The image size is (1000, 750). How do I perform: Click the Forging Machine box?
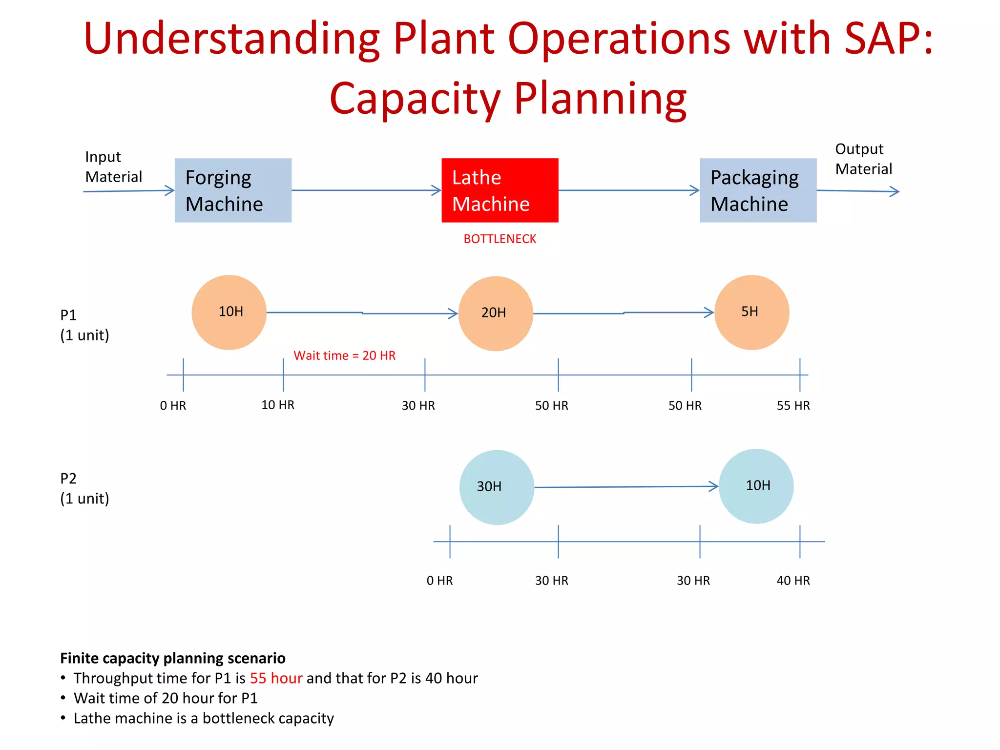pos(233,190)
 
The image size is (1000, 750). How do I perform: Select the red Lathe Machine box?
pos(500,190)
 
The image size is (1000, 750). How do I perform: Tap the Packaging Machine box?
pos(758,190)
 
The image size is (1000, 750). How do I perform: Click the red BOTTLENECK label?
pos(500,239)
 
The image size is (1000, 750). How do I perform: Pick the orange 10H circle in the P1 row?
pos(229,312)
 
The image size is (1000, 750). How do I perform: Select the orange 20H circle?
pos(496,313)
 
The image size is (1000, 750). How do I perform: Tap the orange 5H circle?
pos(751,312)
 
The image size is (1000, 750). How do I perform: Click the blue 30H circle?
pos(497,487)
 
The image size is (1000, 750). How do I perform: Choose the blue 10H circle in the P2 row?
pos(756,486)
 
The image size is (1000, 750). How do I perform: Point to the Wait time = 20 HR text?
pos(344,355)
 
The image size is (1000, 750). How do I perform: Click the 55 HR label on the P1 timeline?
pos(793,406)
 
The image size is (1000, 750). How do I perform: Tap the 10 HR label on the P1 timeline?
pos(277,405)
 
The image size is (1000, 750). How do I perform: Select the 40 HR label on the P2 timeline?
pos(793,581)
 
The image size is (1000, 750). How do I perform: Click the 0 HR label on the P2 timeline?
pos(439,581)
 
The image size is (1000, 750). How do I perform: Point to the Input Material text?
pos(113,167)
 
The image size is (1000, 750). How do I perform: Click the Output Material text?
pos(863,159)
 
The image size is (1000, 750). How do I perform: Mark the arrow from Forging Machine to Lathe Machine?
pos(366,190)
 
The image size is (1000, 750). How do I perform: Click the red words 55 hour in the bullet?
pos(276,678)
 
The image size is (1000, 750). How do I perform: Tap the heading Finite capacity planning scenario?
pos(173,658)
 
